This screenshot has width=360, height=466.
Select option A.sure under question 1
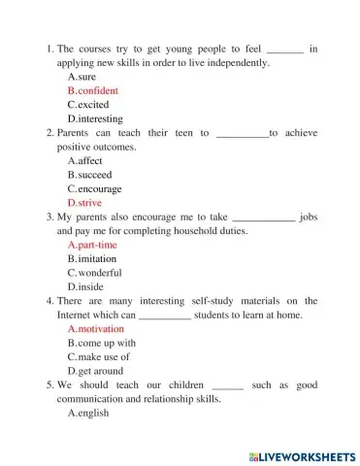[82, 76]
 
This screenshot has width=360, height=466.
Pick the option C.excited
[88, 104]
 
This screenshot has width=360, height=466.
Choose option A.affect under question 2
[84, 160]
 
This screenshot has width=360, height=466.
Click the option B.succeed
[89, 175]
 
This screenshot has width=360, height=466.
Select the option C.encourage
[93, 189]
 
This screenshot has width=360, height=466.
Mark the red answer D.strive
[84, 203]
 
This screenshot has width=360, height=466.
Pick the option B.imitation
[92, 259]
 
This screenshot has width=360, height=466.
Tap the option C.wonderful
[93, 273]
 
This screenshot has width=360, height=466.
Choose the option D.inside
[85, 287]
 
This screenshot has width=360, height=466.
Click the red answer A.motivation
[95, 329]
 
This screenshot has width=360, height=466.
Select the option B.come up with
[101, 343]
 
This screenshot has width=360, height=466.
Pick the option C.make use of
[99, 357]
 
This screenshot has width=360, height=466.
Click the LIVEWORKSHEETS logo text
[302, 455]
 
